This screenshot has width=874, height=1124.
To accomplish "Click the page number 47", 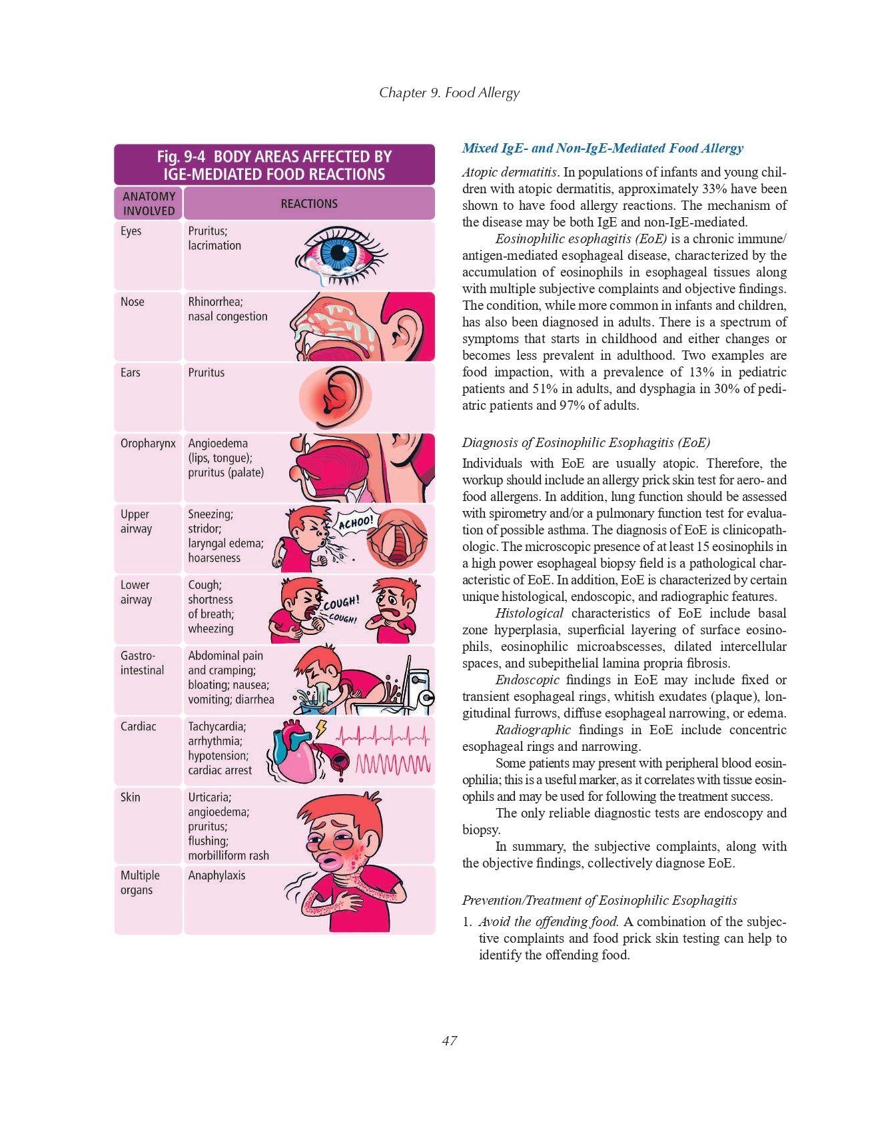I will click(449, 1041).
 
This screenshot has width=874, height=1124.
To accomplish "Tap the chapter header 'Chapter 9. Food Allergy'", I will click(449, 93).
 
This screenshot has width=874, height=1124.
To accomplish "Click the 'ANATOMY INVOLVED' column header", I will click(149, 203).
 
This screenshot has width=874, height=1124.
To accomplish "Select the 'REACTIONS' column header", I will click(309, 203).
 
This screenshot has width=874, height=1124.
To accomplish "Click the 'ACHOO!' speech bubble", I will click(356, 522).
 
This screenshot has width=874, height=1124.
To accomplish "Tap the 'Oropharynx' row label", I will click(148, 444).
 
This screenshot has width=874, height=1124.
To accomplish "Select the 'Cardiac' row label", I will click(139, 726).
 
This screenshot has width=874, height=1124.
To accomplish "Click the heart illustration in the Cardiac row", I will click(296, 752).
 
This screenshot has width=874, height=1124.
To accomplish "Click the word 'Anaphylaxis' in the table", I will click(217, 875).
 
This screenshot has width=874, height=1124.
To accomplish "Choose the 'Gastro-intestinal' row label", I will click(142, 663).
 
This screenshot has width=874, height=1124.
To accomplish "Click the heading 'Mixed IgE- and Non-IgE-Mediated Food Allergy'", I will click(602, 148).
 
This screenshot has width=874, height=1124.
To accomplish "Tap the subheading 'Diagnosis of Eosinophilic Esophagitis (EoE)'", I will click(586, 442).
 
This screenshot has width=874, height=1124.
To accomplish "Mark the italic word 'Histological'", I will click(529, 613).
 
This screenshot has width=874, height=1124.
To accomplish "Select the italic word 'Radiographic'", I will click(533, 730).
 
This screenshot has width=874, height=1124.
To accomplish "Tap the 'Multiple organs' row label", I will click(140, 883).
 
